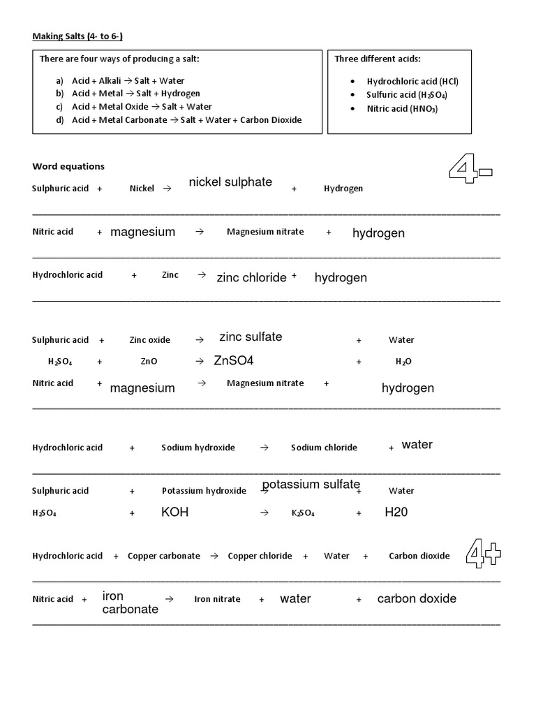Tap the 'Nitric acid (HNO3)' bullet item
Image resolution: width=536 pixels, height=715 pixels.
click(402, 108)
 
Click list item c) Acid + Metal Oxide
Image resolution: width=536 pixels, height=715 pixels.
click(134, 107)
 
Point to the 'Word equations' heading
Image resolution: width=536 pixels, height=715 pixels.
click(68, 166)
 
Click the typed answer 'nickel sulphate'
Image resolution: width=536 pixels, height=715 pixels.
click(230, 182)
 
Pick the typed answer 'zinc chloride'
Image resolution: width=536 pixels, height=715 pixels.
click(251, 278)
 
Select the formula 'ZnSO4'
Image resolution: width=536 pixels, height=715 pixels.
click(234, 361)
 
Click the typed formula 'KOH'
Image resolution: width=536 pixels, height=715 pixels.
click(174, 513)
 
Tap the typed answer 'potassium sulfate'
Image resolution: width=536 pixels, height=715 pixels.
click(311, 485)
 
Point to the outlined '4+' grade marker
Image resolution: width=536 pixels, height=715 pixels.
click(484, 555)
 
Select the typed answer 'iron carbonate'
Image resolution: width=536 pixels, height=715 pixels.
click(130, 603)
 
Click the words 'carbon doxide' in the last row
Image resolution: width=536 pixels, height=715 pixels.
click(417, 598)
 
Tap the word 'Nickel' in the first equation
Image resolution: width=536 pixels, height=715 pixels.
click(142, 189)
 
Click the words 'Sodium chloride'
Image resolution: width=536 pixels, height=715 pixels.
click(324, 448)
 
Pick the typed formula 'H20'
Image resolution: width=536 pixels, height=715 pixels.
click(396, 513)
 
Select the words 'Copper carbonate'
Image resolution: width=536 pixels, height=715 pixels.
click(163, 556)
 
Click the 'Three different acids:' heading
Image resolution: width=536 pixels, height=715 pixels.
click(378, 59)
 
